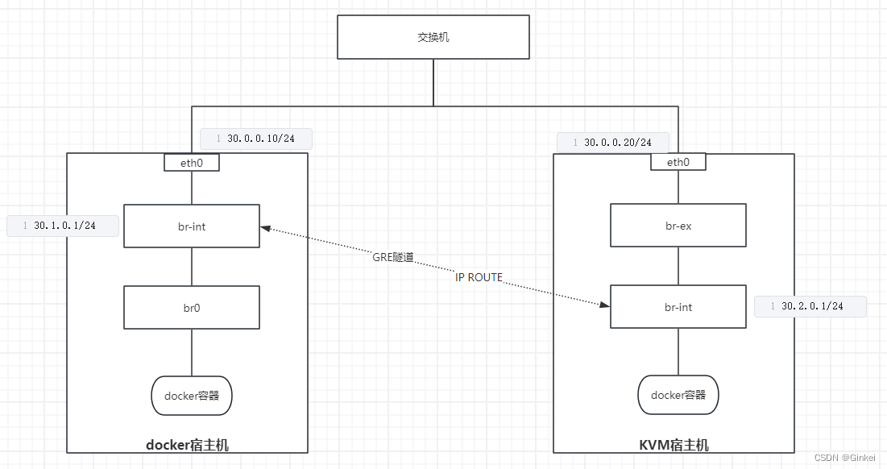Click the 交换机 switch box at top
[433, 37]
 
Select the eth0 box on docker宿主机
[192, 162]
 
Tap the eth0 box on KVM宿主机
[678, 162]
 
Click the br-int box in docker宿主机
[192, 226]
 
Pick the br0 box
[192, 308]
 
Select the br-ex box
[678, 226]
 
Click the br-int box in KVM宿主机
[678, 307]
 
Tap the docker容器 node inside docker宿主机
[192, 396]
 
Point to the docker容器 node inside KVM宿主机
[678, 395]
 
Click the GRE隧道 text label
[393, 257]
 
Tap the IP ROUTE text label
[479, 277]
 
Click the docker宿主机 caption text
[187, 445]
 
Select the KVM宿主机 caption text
[674, 445]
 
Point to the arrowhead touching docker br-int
[265, 230]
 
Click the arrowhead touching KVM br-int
[604, 305]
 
